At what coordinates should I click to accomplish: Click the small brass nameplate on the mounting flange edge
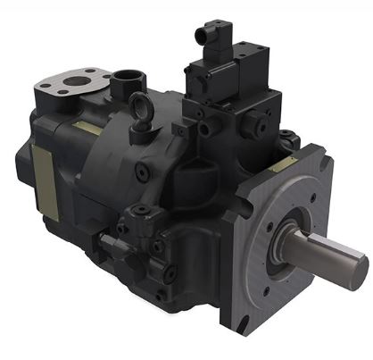coord(286,164)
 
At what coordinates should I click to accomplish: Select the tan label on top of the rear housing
coord(89,129)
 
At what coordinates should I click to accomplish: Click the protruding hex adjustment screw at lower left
coord(109,243)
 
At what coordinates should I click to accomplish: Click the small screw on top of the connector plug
coord(213,23)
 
